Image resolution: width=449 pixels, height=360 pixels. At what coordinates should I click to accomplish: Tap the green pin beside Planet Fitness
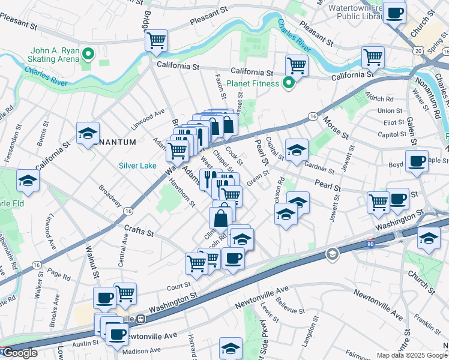(289, 83)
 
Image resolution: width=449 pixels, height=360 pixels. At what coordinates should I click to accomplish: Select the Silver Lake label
(137, 166)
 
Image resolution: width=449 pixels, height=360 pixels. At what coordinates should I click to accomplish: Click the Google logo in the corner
(20, 353)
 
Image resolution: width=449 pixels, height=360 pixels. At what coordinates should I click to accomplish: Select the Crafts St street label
(139, 230)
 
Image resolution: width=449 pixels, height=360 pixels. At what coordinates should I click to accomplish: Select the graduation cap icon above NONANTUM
(88, 133)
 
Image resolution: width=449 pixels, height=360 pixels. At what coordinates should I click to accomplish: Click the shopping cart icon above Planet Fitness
(296, 65)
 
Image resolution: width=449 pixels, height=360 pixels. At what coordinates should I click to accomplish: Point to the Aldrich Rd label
(381, 98)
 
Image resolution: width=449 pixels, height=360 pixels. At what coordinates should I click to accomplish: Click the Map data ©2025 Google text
(412, 355)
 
